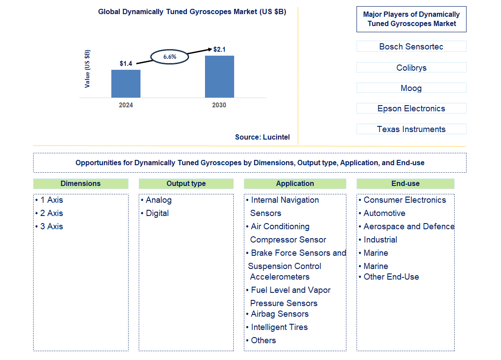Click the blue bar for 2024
pos(126,83)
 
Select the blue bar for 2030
pos(219,76)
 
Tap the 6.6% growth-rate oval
pos(170,57)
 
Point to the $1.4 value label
pos(126,64)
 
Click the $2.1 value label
pos(219,49)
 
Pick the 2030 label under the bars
pos(219,105)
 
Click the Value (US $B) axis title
pos(87,69)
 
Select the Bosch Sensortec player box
pos(411,46)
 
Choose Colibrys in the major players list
pos(411,68)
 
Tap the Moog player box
pos(411,88)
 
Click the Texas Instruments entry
pos(411,129)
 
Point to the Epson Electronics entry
pos(411,108)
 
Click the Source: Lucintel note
pos(262,137)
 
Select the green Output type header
pos(186,184)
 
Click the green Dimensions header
pos(81,184)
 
